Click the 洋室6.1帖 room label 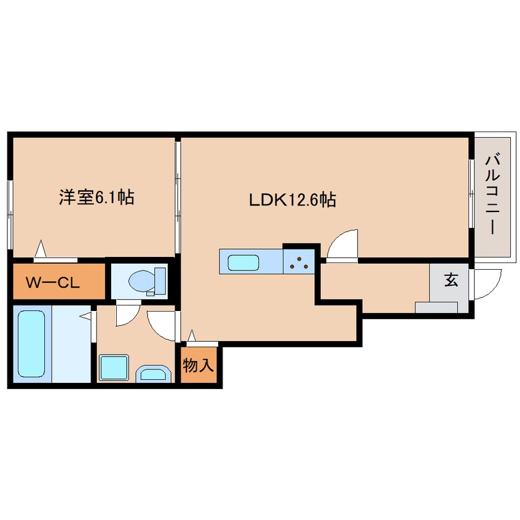click(x=97, y=197)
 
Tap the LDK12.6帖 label click(x=293, y=200)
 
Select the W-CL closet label click(x=53, y=283)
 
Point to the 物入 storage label click(x=198, y=366)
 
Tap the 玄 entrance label click(x=451, y=280)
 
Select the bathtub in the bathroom click(x=31, y=343)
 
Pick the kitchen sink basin click(x=243, y=263)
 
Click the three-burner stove click(x=299, y=262)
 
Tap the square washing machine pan click(x=114, y=367)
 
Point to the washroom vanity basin click(x=153, y=374)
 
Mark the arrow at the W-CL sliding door click(x=41, y=248)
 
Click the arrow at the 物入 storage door click(x=191, y=336)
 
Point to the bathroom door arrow click(x=85, y=316)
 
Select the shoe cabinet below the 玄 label click(x=436, y=307)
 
